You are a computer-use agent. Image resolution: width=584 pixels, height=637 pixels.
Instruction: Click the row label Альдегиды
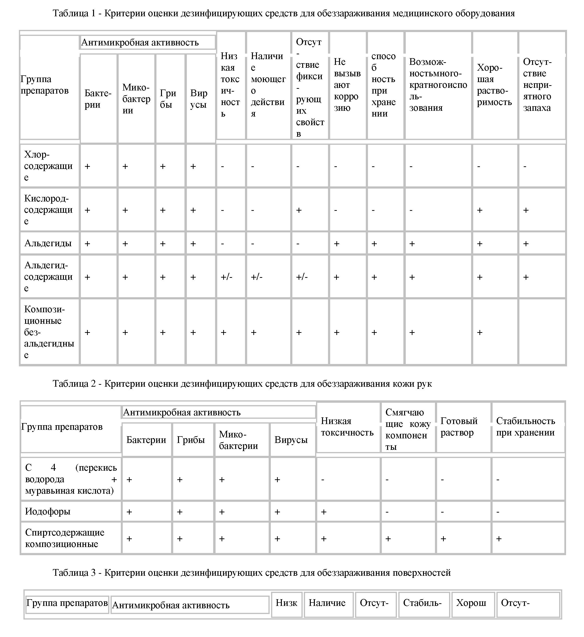(x=48, y=243)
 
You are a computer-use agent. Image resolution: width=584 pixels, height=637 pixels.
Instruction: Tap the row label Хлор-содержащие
(x=48, y=166)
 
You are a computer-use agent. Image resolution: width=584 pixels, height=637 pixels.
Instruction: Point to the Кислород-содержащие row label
(x=48, y=210)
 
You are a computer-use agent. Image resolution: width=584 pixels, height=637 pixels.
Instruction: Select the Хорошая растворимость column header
(x=494, y=85)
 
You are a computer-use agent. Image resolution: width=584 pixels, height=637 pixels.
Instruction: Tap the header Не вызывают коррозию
(x=347, y=85)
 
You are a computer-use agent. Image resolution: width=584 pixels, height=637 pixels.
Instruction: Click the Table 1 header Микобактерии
(x=136, y=99)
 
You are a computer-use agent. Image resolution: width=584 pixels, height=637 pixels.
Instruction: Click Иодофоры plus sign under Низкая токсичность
(x=324, y=512)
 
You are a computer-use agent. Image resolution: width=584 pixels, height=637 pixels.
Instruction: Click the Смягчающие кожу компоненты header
(x=408, y=429)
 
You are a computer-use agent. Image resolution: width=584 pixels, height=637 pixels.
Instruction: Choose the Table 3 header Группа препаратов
(x=67, y=603)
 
